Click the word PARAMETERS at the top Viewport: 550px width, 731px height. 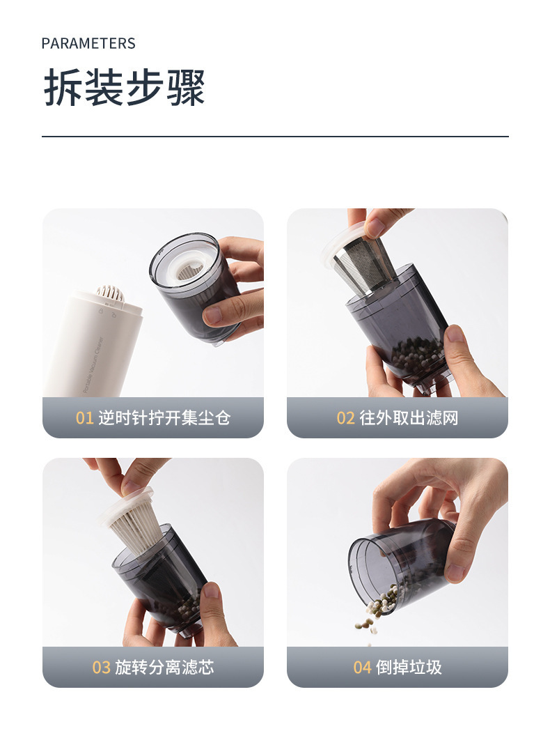coord(88,44)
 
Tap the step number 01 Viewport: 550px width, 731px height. coord(84,418)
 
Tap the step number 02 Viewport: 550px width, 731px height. coord(346,418)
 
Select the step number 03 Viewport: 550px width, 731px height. coord(102,668)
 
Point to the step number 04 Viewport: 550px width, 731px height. coord(362,668)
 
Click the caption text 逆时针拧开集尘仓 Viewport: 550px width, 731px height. coord(164,418)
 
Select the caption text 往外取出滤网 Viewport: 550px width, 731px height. coord(409,418)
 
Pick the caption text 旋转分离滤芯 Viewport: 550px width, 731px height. coord(164,668)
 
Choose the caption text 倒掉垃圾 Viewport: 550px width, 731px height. coord(409,668)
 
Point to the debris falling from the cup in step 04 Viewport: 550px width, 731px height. coord(369,616)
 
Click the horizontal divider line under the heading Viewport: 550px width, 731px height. coord(275,137)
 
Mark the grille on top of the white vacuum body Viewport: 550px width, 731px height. coord(110,293)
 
